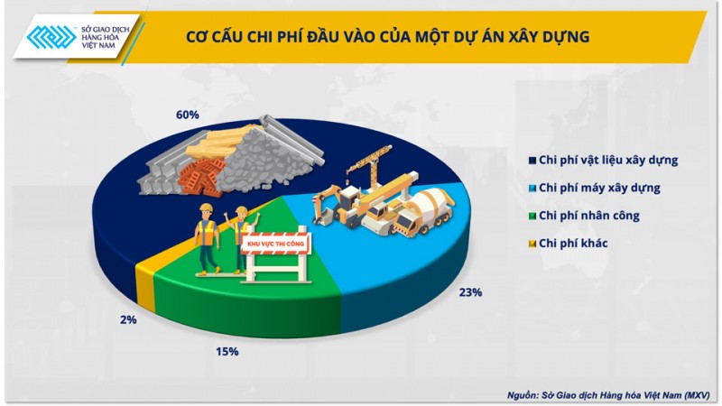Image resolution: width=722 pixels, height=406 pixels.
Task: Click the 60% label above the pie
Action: click(x=187, y=115)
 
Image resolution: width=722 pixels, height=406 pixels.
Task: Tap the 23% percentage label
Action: click(x=470, y=292)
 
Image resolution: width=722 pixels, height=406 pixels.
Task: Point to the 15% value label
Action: click(x=227, y=351)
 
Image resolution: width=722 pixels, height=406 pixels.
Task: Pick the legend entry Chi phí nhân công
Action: click(x=589, y=216)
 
